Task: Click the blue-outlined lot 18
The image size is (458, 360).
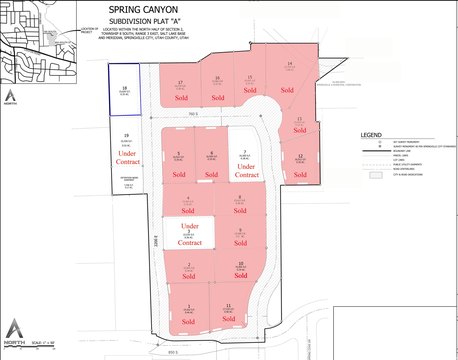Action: click(x=123, y=89)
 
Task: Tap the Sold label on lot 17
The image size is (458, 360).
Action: click(x=181, y=100)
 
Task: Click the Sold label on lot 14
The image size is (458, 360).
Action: click(x=286, y=90)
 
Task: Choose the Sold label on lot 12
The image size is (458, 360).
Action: click(x=299, y=167)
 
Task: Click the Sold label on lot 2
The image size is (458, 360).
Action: click(x=189, y=278)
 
